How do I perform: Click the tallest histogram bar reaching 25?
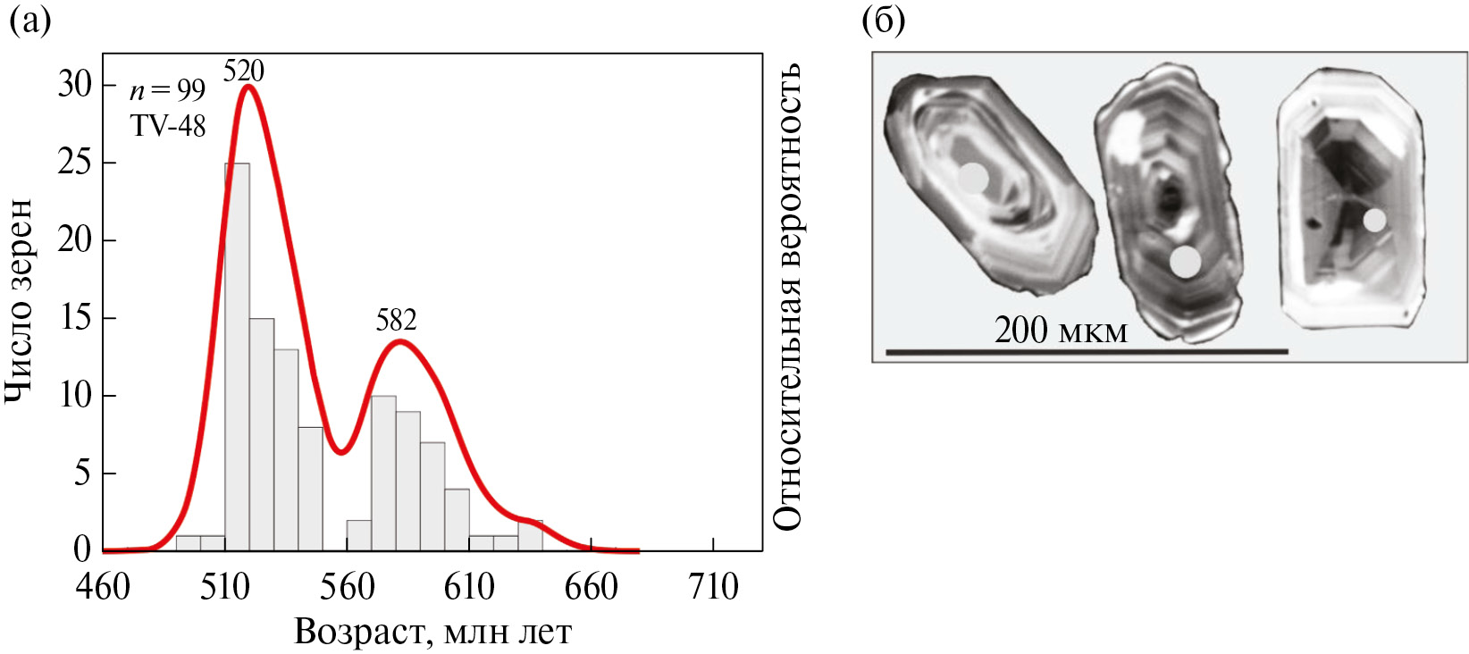(x=237, y=357)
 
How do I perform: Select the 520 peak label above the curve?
(x=243, y=71)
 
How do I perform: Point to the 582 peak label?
(x=396, y=320)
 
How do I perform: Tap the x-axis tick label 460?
(x=104, y=587)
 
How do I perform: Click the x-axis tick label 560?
(x=347, y=587)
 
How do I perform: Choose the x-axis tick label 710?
(x=713, y=587)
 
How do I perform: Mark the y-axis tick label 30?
(x=74, y=85)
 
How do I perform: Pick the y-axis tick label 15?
(x=74, y=318)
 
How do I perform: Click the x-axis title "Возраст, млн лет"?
(x=432, y=632)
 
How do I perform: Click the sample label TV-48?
(x=168, y=126)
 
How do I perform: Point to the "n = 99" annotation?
(x=167, y=90)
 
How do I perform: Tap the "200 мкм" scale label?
(x=1061, y=331)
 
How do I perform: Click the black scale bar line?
(x=1086, y=352)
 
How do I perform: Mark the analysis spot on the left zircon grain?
(x=974, y=178)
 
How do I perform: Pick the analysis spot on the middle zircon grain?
(x=1186, y=262)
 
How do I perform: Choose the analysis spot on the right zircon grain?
(x=1375, y=220)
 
